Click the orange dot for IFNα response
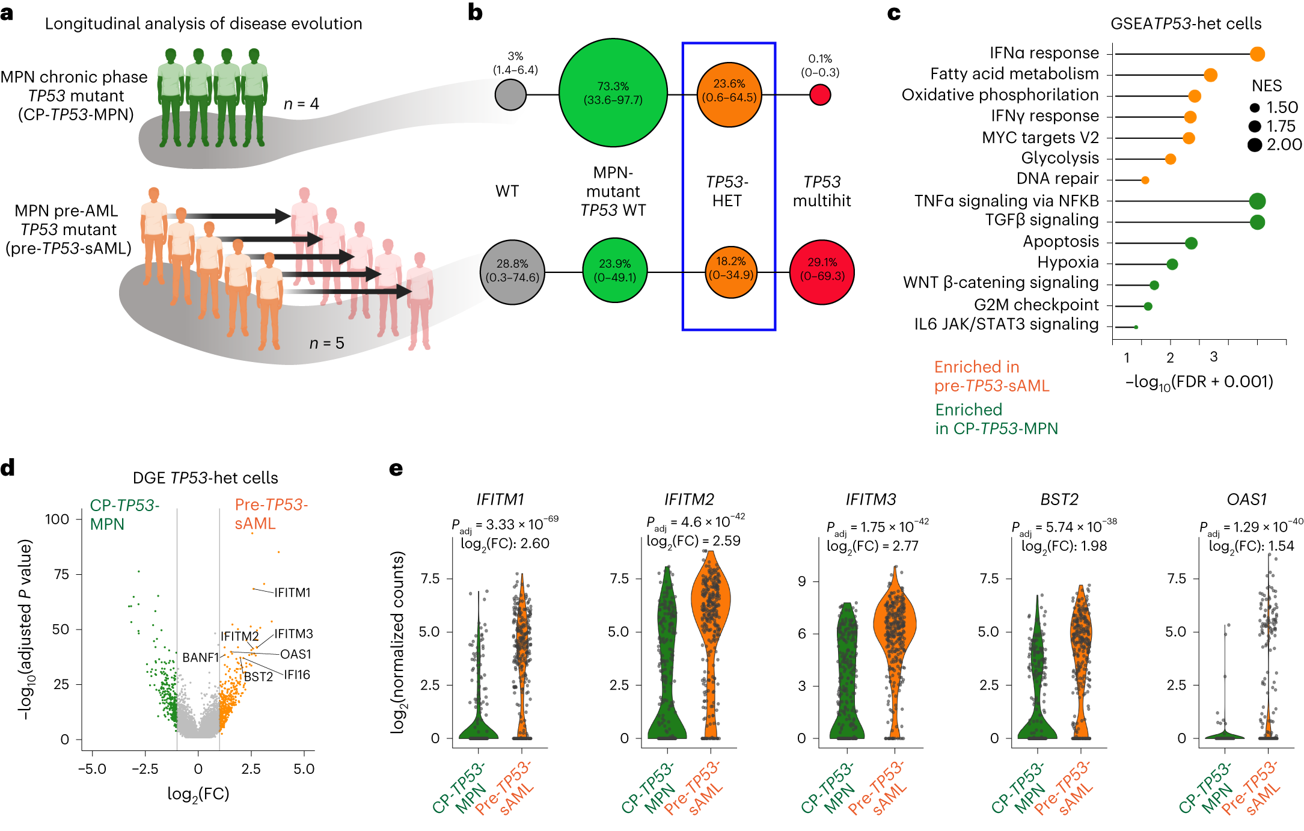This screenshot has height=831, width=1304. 1257,54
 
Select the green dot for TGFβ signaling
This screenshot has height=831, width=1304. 1257,222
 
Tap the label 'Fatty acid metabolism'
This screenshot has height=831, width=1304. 1014,74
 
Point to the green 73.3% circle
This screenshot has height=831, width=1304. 613,93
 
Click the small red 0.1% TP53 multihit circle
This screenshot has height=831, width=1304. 820,94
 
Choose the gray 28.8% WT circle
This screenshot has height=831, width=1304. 512,272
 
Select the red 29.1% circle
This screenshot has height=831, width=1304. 822,272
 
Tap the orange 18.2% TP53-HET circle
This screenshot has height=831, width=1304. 730,272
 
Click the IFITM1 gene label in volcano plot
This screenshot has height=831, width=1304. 292,593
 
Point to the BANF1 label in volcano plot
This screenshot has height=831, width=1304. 200,658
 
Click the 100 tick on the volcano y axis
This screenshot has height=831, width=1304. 57,519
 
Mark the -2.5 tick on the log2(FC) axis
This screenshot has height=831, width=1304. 145,769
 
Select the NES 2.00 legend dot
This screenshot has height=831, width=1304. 1255,145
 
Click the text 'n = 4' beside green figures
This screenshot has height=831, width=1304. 301,104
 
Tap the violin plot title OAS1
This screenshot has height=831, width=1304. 1246,500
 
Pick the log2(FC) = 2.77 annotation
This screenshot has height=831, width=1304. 872,546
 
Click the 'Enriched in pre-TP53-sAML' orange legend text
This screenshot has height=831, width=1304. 991,376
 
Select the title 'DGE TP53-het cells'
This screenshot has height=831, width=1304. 205,478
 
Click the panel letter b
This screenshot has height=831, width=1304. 475,13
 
